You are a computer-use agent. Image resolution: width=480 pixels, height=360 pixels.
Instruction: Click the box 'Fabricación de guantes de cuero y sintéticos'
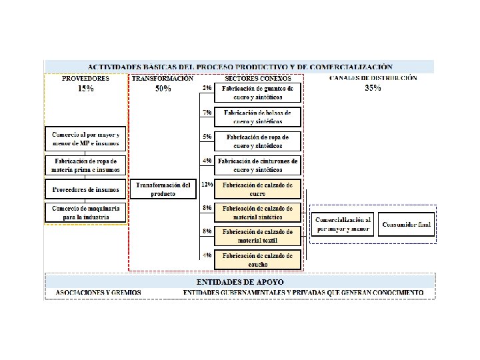[x=258, y=93]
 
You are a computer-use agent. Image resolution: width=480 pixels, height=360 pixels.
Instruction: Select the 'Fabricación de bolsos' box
[x=258, y=117]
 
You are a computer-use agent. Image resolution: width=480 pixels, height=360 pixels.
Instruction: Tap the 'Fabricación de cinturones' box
[x=258, y=165]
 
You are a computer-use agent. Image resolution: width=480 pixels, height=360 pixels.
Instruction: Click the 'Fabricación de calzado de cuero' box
[x=258, y=189]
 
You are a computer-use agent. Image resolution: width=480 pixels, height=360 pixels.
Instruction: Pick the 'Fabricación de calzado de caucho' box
[x=258, y=259]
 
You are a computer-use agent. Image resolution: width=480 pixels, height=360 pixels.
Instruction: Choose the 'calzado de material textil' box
[x=258, y=235]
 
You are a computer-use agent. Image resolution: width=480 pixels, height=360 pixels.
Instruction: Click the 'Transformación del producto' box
[x=163, y=189]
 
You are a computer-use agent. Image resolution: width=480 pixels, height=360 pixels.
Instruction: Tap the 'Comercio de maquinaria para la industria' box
[x=85, y=212]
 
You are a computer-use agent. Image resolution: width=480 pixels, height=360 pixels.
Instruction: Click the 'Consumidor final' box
[x=405, y=224]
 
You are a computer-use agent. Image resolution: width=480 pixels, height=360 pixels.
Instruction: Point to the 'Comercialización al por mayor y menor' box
[x=343, y=224]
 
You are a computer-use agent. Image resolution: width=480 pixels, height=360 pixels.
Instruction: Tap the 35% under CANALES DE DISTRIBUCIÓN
[x=373, y=88]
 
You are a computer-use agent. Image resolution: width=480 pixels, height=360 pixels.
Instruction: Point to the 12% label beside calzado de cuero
[x=207, y=184]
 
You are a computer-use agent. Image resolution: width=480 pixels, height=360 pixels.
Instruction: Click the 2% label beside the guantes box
[x=207, y=88]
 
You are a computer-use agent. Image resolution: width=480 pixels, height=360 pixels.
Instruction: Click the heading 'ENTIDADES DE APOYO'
[x=239, y=282]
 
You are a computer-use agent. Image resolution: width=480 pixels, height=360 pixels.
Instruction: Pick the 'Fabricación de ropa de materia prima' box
[x=85, y=165]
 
